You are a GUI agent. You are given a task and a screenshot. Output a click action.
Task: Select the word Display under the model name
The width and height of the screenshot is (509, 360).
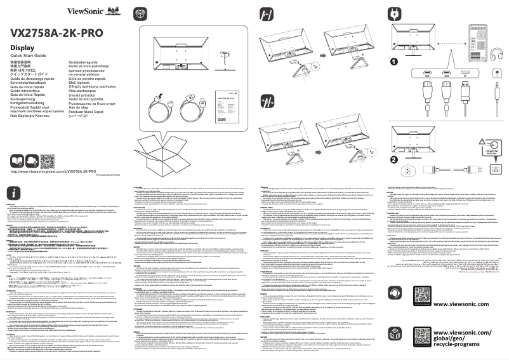23,48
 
